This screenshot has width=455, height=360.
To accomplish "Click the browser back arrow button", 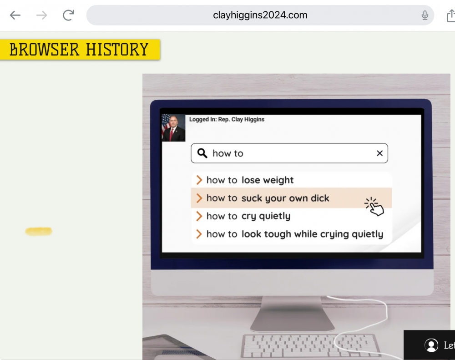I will pos(15,15).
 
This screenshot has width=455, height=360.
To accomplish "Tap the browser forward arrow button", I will pos(42,15).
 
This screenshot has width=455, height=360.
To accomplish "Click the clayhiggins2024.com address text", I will pos(260,15).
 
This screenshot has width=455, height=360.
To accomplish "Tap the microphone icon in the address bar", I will pos(425,15).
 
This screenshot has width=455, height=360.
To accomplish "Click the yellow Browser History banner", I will pos(80,49).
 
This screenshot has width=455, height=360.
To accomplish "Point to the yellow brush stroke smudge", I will pos(39,232).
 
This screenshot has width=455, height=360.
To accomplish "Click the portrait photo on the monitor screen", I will pos(173,128).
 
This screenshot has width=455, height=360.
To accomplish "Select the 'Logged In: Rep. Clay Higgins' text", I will pos(227,119).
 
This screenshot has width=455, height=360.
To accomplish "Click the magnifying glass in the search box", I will pos(202,153).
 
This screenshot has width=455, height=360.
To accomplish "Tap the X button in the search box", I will pos(379,153).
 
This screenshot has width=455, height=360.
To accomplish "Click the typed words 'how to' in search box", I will pos(228,153).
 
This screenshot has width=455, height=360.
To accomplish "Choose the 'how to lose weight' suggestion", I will pos(250,180).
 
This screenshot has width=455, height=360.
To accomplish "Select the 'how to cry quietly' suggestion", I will pos(248,216).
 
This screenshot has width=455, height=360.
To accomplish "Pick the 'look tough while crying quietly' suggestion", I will pos(294,234).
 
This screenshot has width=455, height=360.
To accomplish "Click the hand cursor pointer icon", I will pos(375,207).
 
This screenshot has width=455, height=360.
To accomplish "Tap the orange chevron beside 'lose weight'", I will pos(199,180).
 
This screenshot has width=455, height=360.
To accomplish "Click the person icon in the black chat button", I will pos(431,345).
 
